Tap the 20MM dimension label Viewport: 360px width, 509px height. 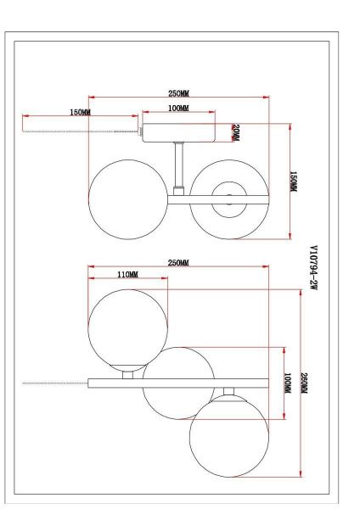click(x=236, y=133)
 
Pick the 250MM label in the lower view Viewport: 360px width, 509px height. click(x=178, y=263)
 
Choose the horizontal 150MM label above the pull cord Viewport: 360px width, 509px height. click(x=81, y=113)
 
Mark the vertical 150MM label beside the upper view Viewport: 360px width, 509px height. click(x=294, y=182)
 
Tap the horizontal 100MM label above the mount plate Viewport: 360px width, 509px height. click(x=177, y=109)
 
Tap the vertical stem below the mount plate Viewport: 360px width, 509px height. click(x=177, y=165)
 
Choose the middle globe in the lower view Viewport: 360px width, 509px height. click(x=177, y=382)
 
